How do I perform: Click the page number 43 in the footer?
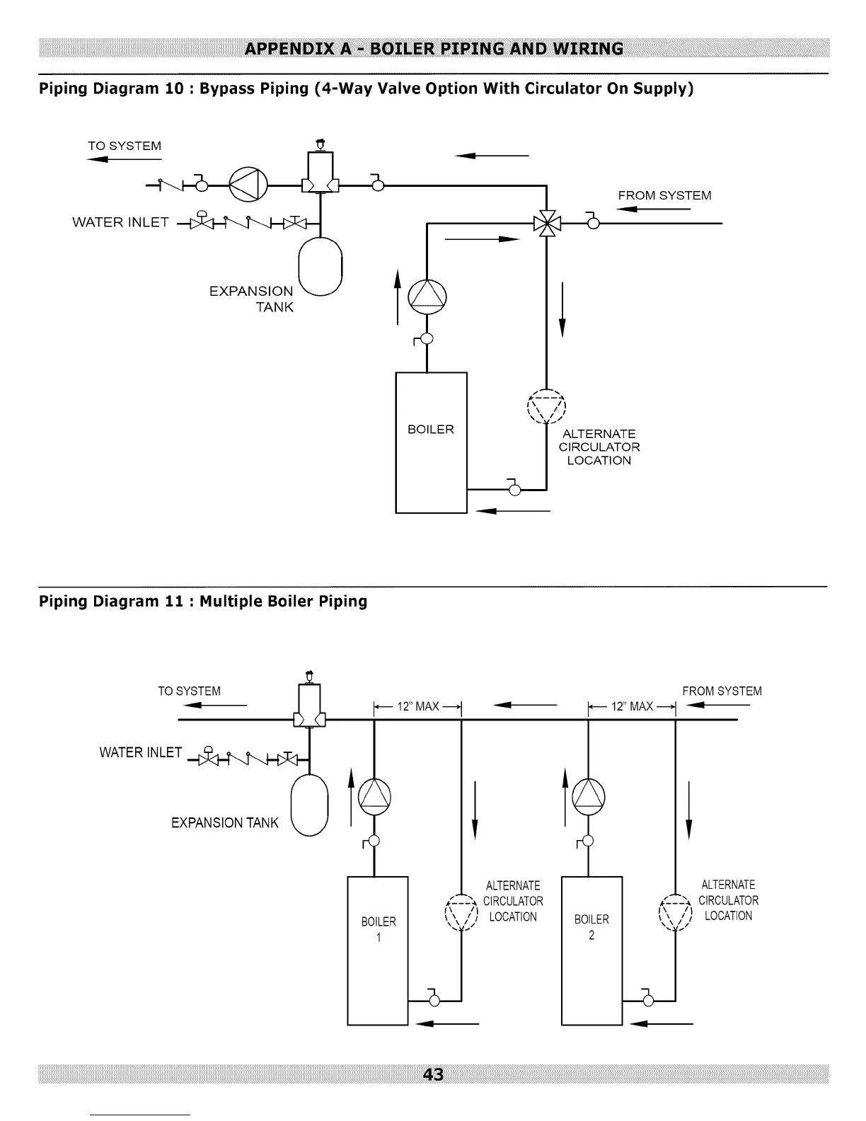coord(433,1074)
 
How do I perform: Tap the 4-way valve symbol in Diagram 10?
coord(547,224)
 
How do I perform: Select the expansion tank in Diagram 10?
coord(321,266)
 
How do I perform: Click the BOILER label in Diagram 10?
coord(431,429)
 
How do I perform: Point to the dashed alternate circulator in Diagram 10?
coord(546,406)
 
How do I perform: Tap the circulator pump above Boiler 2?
coord(589,796)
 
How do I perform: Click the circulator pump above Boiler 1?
coord(374,796)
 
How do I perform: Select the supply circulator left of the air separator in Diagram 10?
coord(248,185)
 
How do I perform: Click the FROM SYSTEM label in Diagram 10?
coord(664,195)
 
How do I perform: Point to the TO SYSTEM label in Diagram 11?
coord(190,691)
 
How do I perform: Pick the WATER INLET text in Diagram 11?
coord(140,753)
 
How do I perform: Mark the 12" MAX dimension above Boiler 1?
coord(417,706)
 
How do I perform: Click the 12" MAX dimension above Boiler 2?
coord(632,706)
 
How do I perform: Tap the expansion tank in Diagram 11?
coord(309,805)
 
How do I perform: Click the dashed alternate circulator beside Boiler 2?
coord(675,912)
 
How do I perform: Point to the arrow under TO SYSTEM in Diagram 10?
coord(125,159)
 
